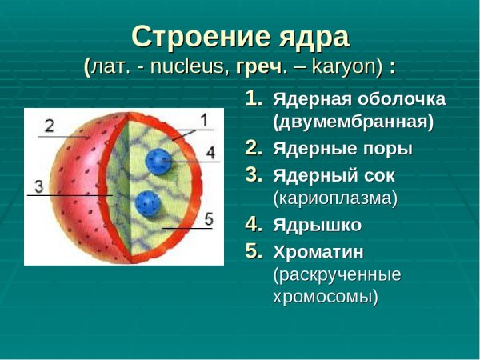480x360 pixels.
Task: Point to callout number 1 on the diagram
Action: pos(203,121)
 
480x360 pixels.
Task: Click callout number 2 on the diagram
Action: pos(50,126)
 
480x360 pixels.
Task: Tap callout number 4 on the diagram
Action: pos(210,151)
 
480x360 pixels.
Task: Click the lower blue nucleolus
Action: pos(147,202)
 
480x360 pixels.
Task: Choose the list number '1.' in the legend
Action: pos(253,99)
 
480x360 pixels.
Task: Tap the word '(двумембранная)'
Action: pos(354,123)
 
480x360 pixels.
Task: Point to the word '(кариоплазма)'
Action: pos(335,197)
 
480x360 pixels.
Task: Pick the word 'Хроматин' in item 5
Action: pos(319,252)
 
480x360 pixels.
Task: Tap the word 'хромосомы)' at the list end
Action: pos(326,297)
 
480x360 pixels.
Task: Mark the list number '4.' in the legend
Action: pos(253,224)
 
